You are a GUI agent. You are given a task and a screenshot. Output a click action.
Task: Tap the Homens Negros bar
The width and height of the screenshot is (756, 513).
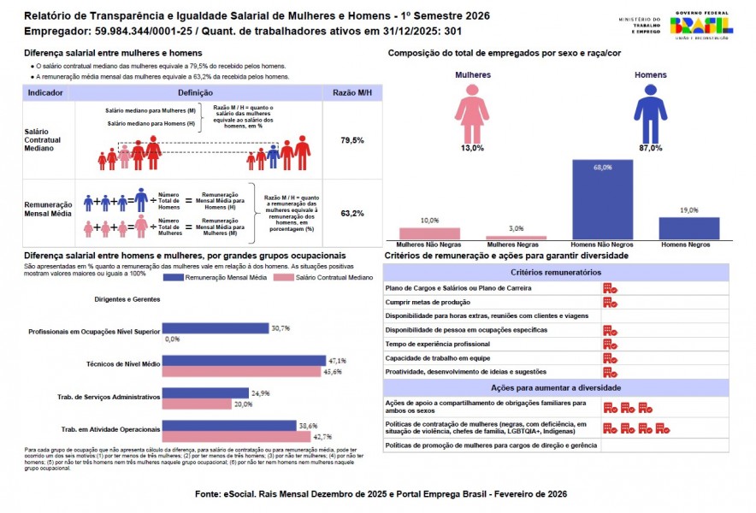[688, 228]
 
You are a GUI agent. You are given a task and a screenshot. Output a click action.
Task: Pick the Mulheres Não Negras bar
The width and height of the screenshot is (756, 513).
[429, 233]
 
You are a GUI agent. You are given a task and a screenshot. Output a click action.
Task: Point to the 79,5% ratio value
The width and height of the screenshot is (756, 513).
[352, 139]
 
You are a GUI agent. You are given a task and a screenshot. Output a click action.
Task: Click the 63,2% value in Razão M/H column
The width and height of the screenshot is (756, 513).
[352, 213]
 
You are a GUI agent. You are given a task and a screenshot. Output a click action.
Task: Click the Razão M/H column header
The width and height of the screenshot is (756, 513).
[352, 91]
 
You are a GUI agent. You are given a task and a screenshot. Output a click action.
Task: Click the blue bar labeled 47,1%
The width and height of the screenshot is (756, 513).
[244, 361]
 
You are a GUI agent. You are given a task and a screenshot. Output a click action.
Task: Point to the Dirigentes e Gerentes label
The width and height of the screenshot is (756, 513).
[127, 299]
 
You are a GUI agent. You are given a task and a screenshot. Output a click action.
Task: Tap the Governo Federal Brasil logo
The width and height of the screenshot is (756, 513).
[701, 26]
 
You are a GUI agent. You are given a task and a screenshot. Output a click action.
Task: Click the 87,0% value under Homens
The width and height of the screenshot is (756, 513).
[650, 148]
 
